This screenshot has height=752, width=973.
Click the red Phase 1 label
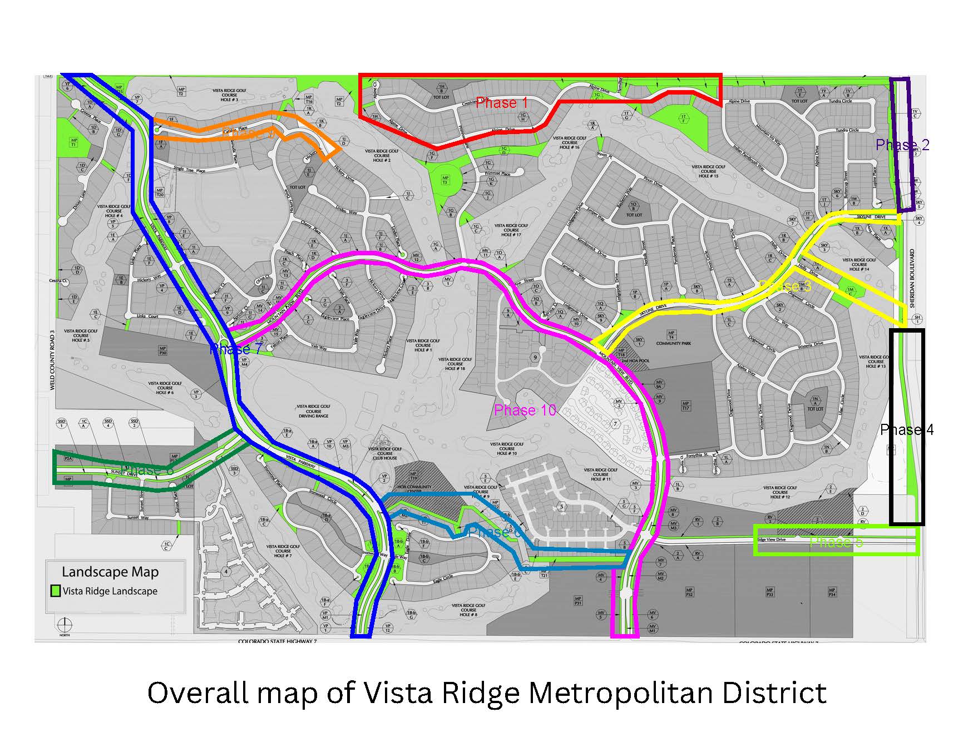[501, 103]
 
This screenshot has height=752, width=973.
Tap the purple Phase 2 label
[902, 145]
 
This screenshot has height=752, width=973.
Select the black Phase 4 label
[906, 430]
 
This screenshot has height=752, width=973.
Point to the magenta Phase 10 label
[525, 410]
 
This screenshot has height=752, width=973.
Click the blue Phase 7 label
[236, 349]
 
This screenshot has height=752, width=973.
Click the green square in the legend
[55, 591]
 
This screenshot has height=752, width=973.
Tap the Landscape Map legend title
[110, 572]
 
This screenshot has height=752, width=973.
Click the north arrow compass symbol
[65, 623]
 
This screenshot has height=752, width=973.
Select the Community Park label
[673, 343]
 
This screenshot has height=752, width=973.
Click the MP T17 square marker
[685, 406]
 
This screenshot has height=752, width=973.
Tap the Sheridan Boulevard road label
[912, 278]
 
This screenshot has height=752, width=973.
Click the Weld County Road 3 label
[53, 360]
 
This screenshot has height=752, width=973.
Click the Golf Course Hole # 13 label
[875, 362]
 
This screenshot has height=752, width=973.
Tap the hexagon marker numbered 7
[615, 424]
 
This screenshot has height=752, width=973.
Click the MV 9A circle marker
[660, 384]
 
